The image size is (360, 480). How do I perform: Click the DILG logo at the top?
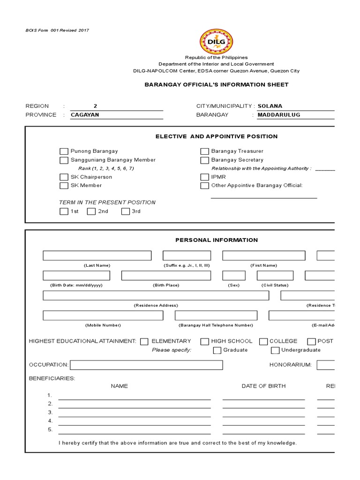coord(216,41)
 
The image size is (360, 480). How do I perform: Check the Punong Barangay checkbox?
coord(64,151)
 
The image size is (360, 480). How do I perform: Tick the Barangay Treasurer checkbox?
coord(204,151)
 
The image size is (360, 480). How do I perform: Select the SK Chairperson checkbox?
coord(64,177)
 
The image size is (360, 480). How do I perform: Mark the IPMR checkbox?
coord(204,177)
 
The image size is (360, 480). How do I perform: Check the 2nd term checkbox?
coord(92,211)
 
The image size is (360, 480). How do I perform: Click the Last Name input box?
coord(97,255)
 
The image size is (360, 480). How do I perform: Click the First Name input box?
coord(263,255)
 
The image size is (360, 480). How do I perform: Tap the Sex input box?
coord(233,276)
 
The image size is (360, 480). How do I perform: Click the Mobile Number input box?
coord(103,315)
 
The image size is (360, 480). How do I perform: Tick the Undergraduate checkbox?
coord(275,350)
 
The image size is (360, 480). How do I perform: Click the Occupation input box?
coord(146,365)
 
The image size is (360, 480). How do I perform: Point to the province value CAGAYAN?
coord(85,115)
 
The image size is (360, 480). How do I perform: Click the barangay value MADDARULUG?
coord(279,115)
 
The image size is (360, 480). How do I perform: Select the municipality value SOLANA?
coord(270,106)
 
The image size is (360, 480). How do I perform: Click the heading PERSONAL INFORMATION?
coord(217,240)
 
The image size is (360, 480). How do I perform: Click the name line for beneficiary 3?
coord(134,412)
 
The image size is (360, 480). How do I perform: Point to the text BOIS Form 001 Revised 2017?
coord(57,30)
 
